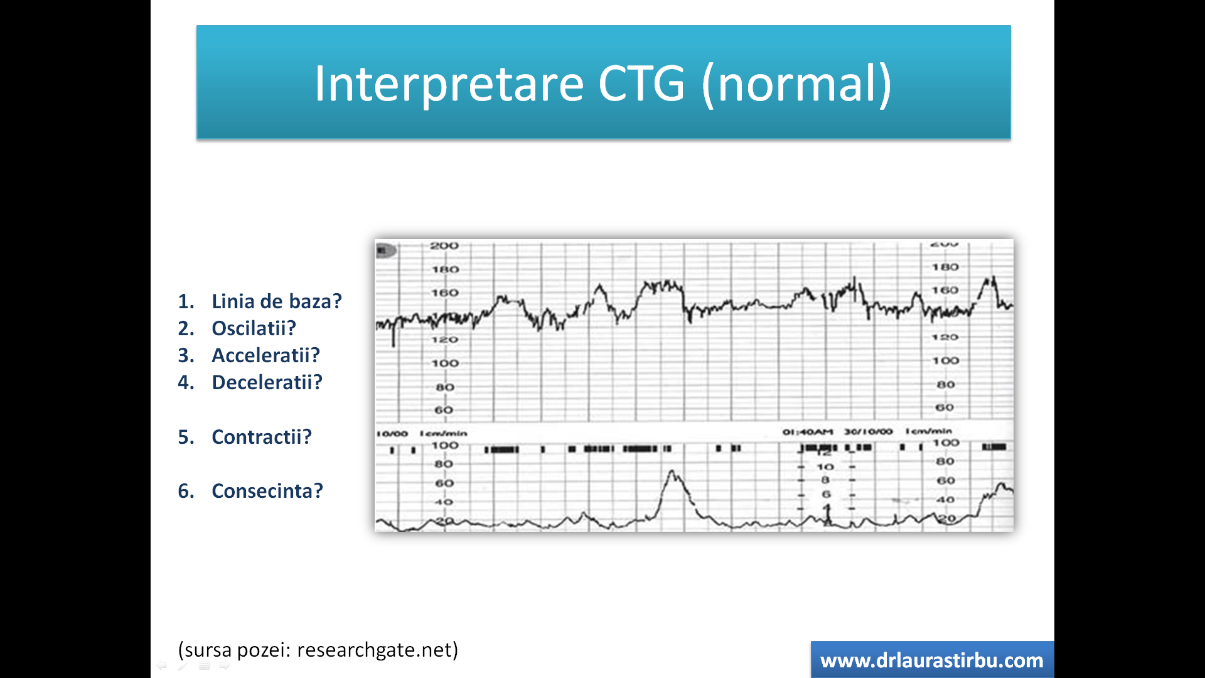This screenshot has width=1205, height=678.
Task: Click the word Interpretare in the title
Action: (x=449, y=83)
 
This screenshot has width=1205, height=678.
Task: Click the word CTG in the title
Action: (x=641, y=83)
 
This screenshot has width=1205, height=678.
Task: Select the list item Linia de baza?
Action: (x=276, y=301)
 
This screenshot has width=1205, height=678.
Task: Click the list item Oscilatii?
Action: (x=254, y=328)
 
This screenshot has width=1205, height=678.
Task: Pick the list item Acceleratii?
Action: (x=265, y=355)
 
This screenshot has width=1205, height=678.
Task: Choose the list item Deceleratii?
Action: (x=267, y=382)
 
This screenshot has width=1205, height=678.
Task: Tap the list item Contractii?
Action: (x=261, y=437)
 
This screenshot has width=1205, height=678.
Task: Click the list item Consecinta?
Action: (x=267, y=491)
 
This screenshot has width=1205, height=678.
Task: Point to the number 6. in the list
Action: (x=186, y=491)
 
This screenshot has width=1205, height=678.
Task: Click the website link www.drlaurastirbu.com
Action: (x=931, y=660)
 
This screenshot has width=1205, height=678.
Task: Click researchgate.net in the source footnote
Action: (x=377, y=650)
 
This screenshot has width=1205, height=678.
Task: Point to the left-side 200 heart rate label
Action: (x=444, y=245)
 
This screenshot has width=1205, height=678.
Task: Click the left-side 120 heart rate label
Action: (x=444, y=340)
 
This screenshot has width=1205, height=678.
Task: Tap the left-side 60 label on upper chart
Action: (x=444, y=410)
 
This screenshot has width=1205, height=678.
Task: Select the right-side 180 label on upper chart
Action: (x=945, y=267)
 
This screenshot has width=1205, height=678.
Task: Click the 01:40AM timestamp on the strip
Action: (x=807, y=432)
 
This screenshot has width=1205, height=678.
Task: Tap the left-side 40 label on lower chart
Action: (x=444, y=502)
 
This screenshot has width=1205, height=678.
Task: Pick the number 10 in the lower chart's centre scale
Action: (x=825, y=467)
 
